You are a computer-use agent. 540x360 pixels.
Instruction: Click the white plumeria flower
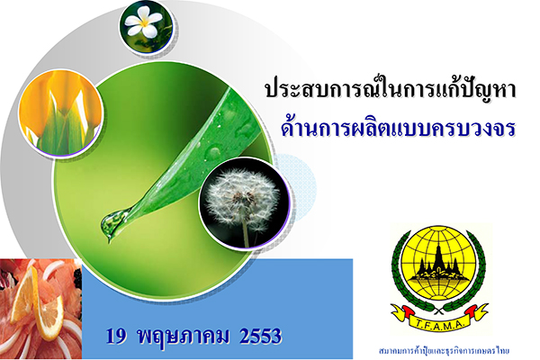(143, 22)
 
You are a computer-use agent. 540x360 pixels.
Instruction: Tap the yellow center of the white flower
(145, 22)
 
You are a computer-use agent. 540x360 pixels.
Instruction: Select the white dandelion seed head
(242, 199)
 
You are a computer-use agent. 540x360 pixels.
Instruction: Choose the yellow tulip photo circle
(60, 112)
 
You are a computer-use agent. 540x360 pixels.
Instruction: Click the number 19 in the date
(116, 337)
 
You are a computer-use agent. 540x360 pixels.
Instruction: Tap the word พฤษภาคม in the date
(183, 337)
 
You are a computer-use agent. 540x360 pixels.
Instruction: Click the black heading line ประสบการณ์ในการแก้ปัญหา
(391, 88)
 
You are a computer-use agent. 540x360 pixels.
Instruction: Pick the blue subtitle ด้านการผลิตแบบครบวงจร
(398, 127)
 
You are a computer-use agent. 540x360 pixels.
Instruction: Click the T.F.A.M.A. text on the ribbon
(440, 324)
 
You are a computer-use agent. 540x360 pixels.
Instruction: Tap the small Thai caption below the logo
(444, 351)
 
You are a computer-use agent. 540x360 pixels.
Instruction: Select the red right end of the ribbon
(472, 311)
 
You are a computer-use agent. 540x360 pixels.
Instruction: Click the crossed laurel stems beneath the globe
(438, 312)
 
